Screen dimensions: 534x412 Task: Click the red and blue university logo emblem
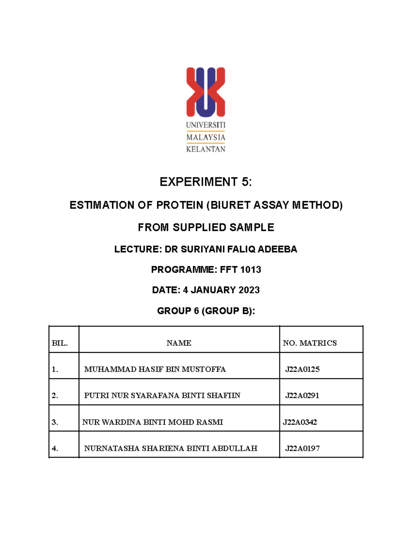206,92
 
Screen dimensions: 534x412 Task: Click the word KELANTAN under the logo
206,149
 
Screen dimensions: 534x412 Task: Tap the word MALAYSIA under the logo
206,137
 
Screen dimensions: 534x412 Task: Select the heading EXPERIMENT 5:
206,182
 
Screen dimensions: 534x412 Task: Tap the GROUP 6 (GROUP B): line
206,311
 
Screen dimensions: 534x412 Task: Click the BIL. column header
60,343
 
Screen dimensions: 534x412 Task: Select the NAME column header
179,343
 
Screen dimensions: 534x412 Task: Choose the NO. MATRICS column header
310,343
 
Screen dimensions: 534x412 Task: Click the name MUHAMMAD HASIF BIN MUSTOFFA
155,369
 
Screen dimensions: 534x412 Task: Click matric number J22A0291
302,395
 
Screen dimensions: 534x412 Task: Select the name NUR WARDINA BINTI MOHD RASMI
152,422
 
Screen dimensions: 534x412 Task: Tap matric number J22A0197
302,448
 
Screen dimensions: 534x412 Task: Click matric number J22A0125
302,369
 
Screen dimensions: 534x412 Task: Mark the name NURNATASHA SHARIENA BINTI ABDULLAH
171,448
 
